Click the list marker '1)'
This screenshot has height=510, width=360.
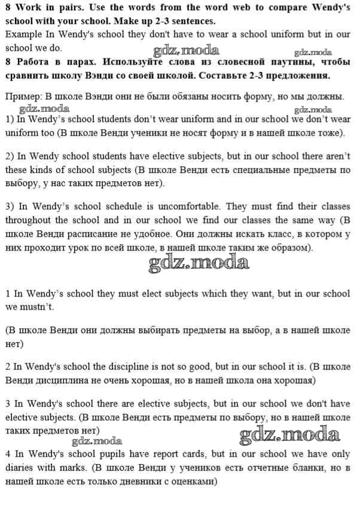click(9, 119)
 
